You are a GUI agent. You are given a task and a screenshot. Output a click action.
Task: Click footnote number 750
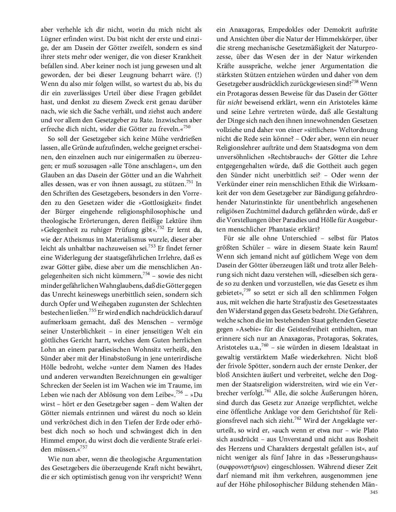pos(187,126)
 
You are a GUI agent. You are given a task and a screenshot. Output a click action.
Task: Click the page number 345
pos(373,492)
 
